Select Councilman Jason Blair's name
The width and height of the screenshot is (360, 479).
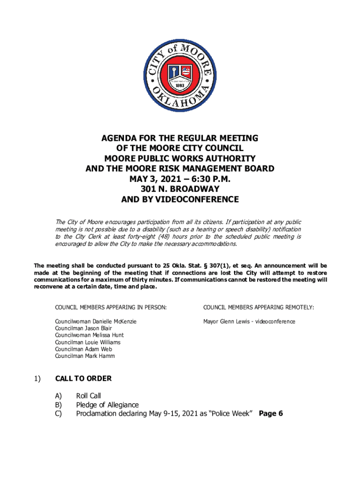(83, 328)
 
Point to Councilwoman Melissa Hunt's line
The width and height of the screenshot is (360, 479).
(89, 335)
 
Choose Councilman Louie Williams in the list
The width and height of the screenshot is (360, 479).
(87, 342)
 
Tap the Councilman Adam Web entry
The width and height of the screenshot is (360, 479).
(83, 349)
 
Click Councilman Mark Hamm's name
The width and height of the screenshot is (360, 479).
(85, 356)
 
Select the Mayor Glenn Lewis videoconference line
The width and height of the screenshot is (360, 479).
(249, 321)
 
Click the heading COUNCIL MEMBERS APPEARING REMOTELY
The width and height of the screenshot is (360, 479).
(258, 307)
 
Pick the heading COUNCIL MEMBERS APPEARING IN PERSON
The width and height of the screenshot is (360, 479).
(111, 307)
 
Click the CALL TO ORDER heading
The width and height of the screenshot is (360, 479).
(83, 378)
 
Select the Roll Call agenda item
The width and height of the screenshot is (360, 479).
(88, 396)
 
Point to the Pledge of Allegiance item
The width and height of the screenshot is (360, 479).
(107, 405)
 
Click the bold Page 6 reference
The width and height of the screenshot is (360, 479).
(271, 414)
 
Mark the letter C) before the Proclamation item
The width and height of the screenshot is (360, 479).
(59, 414)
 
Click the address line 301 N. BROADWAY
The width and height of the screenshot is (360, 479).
(180, 189)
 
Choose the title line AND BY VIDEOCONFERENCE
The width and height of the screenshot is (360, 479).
(180, 200)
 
